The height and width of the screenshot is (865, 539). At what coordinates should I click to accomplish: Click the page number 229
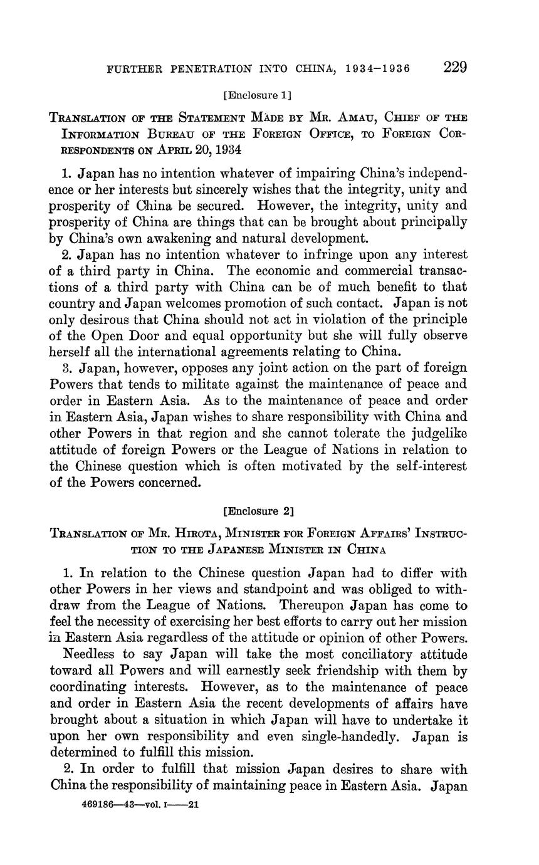456,67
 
